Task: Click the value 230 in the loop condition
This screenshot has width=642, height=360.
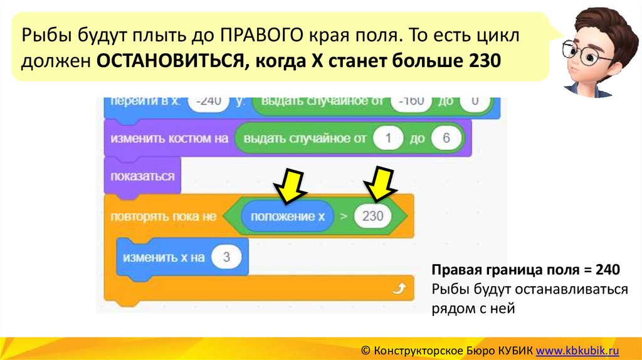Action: [x=372, y=217]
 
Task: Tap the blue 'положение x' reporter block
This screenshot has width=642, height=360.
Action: [x=288, y=217]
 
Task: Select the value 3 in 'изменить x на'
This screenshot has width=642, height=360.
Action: [x=226, y=257]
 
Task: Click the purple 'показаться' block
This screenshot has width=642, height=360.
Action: [x=142, y=176]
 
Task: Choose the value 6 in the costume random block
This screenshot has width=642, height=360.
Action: [x=446, y=139]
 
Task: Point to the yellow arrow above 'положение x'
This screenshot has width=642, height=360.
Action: [x=289, y=186]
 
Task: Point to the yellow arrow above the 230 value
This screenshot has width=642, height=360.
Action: [x=381, y=184]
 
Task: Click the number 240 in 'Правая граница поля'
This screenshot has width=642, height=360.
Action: [x=608, y=270]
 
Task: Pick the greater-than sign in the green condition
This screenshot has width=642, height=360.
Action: [x=343, y=217]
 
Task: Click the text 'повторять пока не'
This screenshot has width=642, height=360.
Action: [x=163, y=217]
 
